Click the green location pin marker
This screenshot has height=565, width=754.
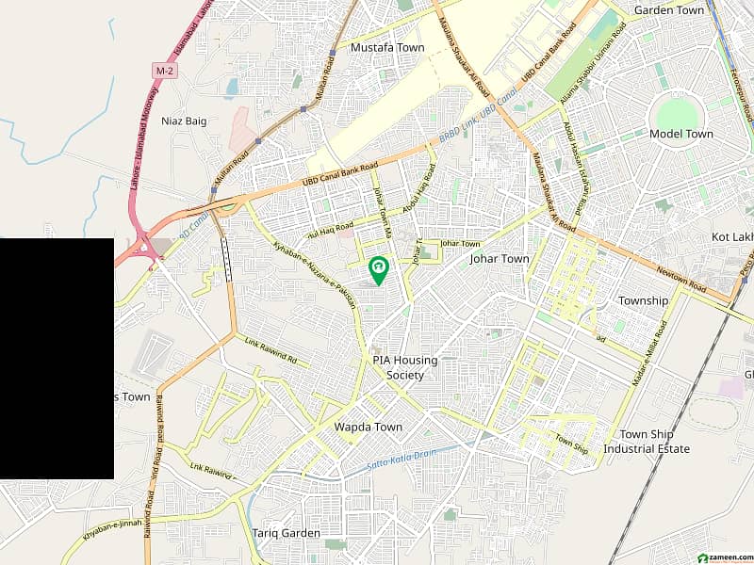click(378, 270)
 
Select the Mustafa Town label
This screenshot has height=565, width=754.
click(386, 47)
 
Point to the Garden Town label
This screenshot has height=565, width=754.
click(669, 10)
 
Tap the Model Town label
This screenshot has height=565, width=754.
click(680, 134)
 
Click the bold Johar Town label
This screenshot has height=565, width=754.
click(500, 259)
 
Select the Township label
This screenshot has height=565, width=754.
click(643, 300)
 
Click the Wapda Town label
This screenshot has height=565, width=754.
click(369, 427)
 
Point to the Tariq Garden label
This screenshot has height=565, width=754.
click(287, 533)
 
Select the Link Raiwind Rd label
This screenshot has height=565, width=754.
click(270, 351)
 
